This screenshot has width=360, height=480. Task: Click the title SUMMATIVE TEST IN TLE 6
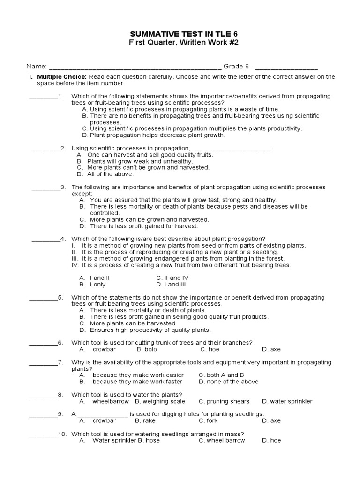tap(180, 34)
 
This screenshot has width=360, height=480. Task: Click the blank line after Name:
tap(135, 67)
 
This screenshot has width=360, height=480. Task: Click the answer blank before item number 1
tap(43, 97)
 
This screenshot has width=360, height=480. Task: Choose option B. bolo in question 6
tap(147, 349)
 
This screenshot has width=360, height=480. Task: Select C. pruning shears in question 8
tap(224, 401)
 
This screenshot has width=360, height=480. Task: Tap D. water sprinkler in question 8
tap(287, 401)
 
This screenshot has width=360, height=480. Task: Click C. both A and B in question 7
tap(221, 375)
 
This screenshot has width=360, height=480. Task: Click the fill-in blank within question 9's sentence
tap(102, 414)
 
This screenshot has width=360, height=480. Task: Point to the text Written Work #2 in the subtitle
tap(203, 43)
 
